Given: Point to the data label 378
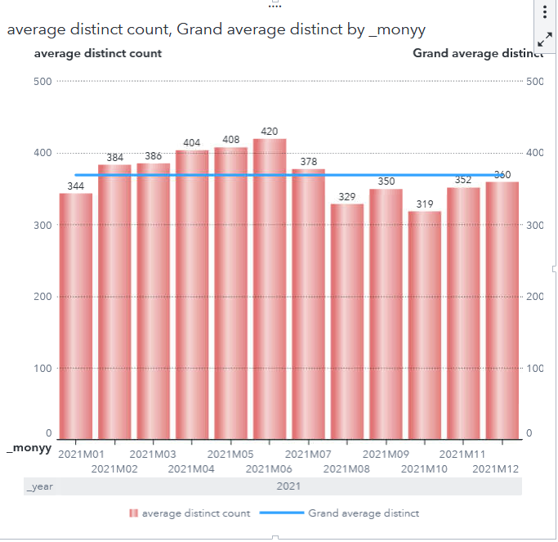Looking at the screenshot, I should click(309, 162).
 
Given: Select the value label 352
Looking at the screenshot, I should click(463, 181).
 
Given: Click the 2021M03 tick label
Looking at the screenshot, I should click(153, 454).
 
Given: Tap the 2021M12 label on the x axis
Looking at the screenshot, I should click(496, 468).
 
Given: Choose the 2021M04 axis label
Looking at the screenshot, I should click(191, 468).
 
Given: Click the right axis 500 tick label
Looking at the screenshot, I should click(535, 81).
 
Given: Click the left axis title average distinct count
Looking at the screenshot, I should click(98, 53).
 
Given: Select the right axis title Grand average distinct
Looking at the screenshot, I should click(478, 53).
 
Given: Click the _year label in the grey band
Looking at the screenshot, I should click(40, 486).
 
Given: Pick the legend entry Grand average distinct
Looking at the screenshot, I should click(364, 513).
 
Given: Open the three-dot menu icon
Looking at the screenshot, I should click(545, 11).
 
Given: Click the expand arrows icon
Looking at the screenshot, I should click(545, 39).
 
